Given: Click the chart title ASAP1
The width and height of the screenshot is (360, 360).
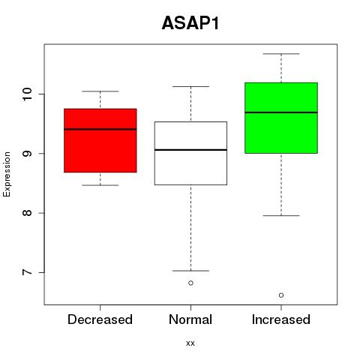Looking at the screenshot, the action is (190, 23).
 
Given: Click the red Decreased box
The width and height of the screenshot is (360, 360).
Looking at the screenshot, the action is (100, 140).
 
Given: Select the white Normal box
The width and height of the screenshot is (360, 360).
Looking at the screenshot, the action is (190, 153).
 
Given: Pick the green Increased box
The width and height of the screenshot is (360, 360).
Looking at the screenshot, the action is (281, 118).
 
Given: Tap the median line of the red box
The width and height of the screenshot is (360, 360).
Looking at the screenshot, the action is (100, 129).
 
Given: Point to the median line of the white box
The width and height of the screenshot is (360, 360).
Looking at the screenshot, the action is (190, 150).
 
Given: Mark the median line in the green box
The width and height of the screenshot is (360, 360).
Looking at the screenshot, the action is (281, 112).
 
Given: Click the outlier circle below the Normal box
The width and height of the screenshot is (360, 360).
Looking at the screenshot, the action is (190, 283).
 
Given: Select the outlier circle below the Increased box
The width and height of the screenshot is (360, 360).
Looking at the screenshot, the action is (281, 295).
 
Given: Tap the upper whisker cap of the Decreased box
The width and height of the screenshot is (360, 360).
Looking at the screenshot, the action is (100, 91).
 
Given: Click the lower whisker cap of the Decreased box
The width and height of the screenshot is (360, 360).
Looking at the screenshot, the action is (100, 185).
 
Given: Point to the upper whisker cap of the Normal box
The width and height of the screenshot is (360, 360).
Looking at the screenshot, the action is (190, 86).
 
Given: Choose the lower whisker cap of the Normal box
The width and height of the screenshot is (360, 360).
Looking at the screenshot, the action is (190, 271).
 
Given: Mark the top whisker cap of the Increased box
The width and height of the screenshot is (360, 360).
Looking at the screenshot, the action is (281, 54).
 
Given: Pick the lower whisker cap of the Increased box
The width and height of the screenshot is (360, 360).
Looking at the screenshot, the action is (281, 215).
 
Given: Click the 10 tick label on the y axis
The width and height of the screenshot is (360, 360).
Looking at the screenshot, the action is (27, 94).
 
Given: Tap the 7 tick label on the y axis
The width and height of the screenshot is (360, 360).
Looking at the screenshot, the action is (27, 272).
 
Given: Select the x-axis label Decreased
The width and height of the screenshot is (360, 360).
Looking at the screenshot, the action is (100, 319).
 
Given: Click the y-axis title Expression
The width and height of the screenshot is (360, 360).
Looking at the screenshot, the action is (7, 174).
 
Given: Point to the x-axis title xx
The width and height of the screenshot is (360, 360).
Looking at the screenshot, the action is (190, 343).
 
